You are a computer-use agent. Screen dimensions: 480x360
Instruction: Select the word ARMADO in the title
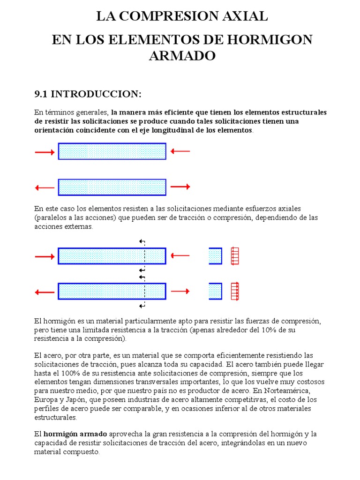pyautogui.click(x=182, y=56)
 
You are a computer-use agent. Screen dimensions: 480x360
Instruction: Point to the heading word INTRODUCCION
pyautogui.click(x=96, y=94)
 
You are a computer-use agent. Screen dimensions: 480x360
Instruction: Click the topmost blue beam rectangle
pyautogui.click(x=112, y=151)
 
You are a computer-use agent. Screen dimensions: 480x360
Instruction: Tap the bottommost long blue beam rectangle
pyautogui.click(x=112, y=291)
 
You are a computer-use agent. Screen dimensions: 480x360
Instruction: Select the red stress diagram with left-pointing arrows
pyautogui.click(x=235, y=256)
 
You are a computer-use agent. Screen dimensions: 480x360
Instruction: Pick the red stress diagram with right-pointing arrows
pyautogui.click(x=235, y=291)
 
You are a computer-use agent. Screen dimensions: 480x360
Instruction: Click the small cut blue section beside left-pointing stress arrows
pyautogui.click(x=215, y=256)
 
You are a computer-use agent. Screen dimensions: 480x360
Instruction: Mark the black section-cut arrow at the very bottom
pyautogui.click(x=142, y=306)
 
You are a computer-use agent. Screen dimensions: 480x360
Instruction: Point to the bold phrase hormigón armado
pyautogui.click(x=75, y=434)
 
